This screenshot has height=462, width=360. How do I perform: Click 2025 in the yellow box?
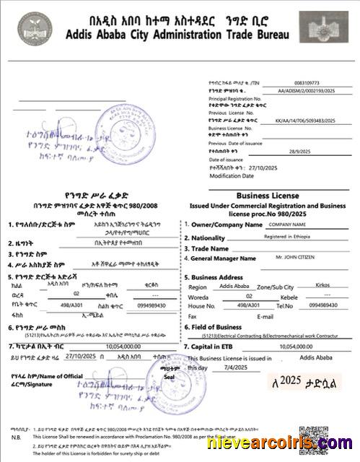pyautogui.click(x=289, y=380)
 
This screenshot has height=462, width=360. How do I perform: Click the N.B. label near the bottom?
pyautogui.click(x=16, y=437)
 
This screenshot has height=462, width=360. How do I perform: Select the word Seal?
pyautogui.click(x=170, y=375)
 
